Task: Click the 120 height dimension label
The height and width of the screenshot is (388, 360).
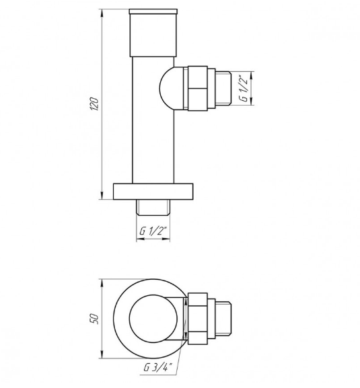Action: pos(95,104)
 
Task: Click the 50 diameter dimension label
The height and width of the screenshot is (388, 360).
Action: pos(95,319)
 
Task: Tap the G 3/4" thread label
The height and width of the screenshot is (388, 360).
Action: pos(158,367)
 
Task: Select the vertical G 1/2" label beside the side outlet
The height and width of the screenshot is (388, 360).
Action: pos(244,88)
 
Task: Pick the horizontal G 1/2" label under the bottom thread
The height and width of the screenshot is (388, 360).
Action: pos(153,231)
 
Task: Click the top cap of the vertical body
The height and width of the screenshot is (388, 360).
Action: pos(153,33)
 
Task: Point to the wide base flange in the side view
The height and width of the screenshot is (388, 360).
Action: pos(153,191)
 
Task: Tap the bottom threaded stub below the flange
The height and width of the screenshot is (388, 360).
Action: pos(153,208)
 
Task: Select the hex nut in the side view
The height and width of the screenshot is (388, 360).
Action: pos(197,88)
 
